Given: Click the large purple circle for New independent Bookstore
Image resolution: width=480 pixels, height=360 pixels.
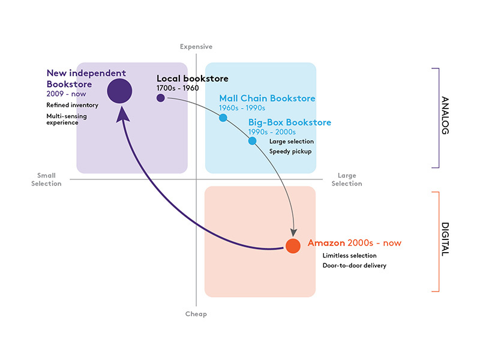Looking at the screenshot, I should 119,91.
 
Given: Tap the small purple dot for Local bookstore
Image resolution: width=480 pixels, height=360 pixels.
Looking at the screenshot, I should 161,98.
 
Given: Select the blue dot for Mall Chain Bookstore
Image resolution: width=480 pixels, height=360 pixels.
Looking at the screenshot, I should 223,118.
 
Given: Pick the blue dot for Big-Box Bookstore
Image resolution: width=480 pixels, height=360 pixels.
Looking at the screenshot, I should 252,141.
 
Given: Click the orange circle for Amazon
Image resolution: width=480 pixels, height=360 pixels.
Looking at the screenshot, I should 293,246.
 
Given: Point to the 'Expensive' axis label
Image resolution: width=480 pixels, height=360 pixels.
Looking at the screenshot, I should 197,47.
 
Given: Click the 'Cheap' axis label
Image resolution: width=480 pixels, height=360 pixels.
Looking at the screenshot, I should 197,314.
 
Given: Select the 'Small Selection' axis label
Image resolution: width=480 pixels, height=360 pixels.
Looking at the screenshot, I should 46,179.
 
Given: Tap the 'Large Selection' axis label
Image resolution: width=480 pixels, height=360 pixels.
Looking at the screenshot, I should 347,179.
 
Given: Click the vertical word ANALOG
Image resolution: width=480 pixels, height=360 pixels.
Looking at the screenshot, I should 445,115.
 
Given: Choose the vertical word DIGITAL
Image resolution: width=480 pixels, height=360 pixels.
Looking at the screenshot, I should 445,240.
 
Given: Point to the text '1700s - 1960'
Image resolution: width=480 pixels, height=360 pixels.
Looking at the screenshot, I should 178,89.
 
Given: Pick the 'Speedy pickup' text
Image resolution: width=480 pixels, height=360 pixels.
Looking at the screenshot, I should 291,151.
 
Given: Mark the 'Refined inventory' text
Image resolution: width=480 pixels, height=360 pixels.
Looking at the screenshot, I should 73,105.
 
